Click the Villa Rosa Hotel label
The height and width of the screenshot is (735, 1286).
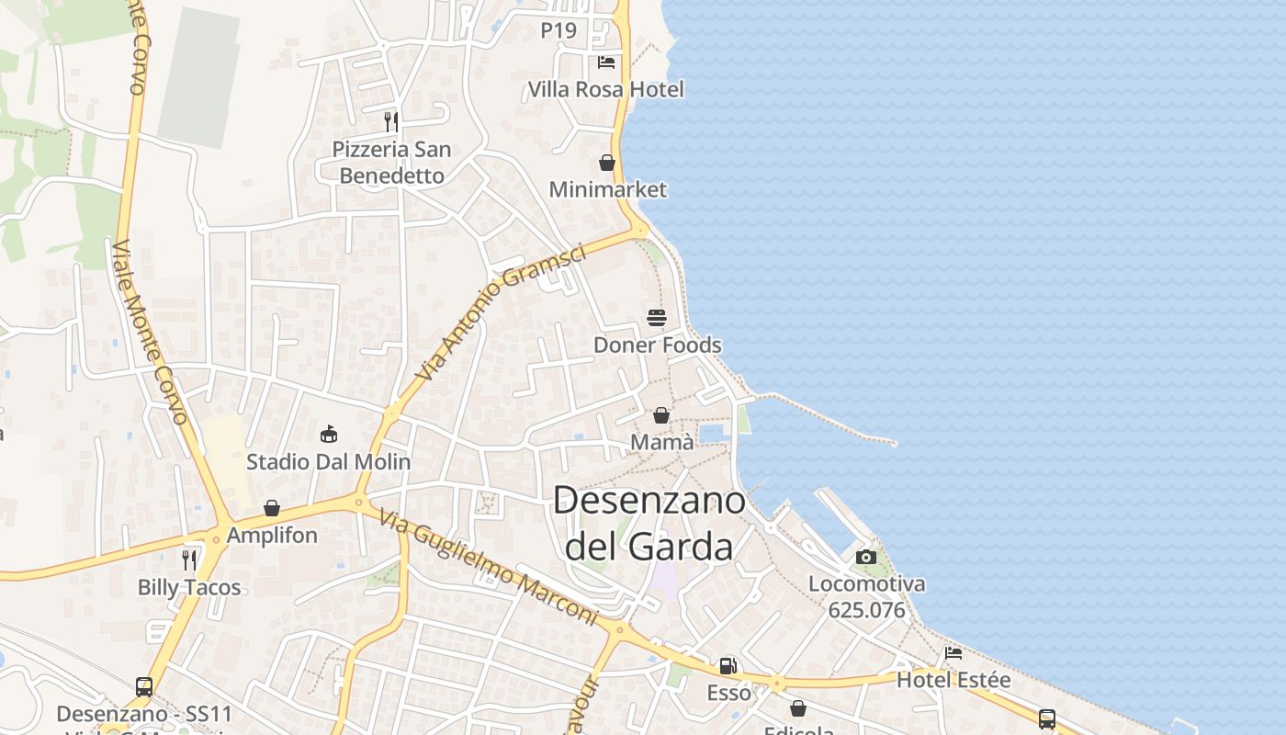pos(605,89)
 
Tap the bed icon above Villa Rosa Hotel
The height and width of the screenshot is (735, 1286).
pos(606,62)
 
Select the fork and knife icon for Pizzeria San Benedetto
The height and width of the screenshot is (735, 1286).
pos(391,121)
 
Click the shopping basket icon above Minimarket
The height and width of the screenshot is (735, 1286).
pos(607,163)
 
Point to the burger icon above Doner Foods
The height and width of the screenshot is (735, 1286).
pos(657,318)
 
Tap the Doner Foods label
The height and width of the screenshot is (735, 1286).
pos(657,345)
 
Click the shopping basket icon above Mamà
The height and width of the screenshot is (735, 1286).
pos(661,415)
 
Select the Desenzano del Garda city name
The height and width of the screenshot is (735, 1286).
pos(649,523)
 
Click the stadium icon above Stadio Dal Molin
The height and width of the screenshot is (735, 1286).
pos(329,434)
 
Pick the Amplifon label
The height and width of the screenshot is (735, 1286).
pos(272,535)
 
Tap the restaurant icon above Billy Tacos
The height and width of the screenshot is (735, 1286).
pos(189,560)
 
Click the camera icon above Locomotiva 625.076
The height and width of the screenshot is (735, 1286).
pos(866,557)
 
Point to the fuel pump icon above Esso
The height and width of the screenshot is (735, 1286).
pos(728,666)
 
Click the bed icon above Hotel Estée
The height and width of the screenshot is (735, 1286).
pos(953,653)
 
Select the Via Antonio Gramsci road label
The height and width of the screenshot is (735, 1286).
pos(500,313)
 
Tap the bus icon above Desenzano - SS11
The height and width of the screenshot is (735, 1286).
pos(144,686)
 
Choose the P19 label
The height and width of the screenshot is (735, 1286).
pos(558,30)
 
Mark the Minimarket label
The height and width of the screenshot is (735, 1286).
pos(607,189)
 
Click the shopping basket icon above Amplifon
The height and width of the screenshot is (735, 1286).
pos(272,508)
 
